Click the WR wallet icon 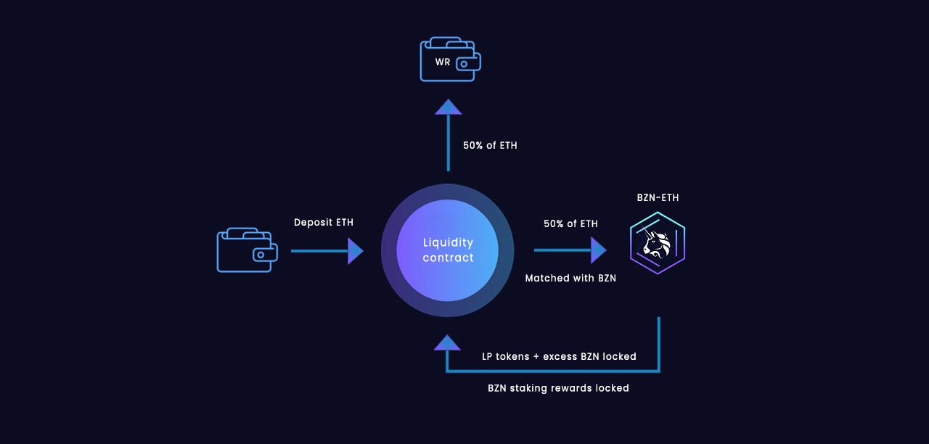tap(450, 60)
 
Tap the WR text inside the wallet tap(443, 62)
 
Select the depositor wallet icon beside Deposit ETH tap(247, 250)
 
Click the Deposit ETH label tap(324, 223)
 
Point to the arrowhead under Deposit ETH tap(355, 251)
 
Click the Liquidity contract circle tap(448, 250)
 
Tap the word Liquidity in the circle tap(448, 242)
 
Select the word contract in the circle tap(448, 258)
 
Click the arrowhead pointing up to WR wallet tap(448, 107)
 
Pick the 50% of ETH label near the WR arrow tap(490, 145)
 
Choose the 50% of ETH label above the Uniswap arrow tap(570, 223)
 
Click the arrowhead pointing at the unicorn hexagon tap(598, 250)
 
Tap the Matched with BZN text tap(570, 278)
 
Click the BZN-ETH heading tap(658, 197)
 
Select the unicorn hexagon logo tap(658, 243)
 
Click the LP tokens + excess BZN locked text tap(559, 356)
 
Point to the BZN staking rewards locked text tap(558, 388)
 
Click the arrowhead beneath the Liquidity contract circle tap(447, 342)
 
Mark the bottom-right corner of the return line tap(659, 371)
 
